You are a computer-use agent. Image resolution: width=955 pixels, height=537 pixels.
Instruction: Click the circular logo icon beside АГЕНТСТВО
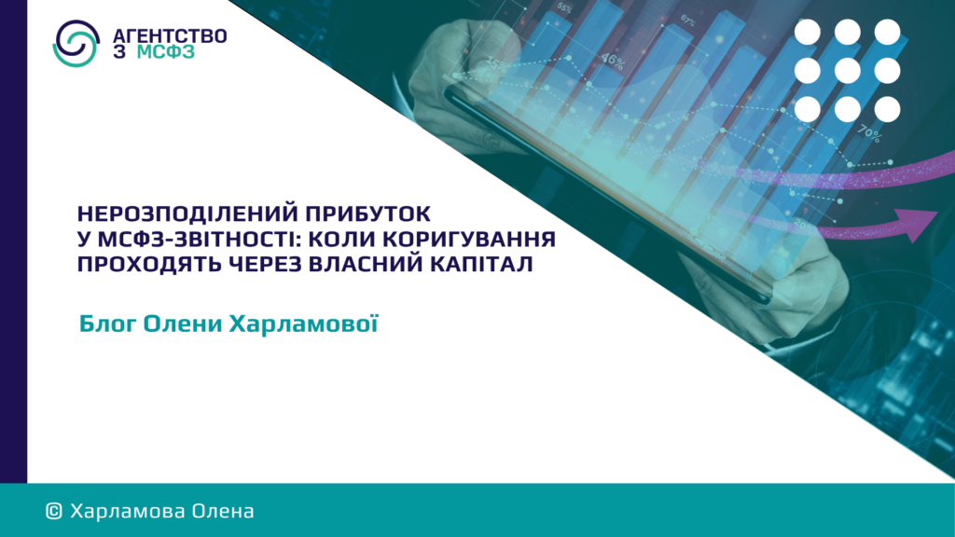point(76,43)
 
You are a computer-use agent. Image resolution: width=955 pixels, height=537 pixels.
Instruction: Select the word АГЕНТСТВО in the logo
point(170,36)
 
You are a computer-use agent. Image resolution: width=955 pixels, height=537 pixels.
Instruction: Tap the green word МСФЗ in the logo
point(166,52)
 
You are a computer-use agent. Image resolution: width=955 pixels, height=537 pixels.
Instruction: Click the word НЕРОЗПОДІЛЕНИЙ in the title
point(187,213)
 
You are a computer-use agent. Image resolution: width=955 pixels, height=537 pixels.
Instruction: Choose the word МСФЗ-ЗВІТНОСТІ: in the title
point(199,239)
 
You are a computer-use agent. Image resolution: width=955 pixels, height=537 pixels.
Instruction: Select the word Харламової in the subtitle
point(303,324)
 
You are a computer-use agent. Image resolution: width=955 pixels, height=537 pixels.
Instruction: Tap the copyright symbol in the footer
point(54,512)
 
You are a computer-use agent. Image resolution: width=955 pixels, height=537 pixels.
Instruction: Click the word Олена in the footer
point(223,511)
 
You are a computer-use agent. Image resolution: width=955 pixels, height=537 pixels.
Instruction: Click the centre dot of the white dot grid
point(847,71)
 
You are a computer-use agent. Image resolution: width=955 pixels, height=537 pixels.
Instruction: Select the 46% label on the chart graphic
point(612,61)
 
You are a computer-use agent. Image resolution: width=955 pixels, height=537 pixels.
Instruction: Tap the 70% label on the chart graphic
point(868,133)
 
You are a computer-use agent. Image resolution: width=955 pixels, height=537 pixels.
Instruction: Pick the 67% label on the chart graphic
point(687,21)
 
